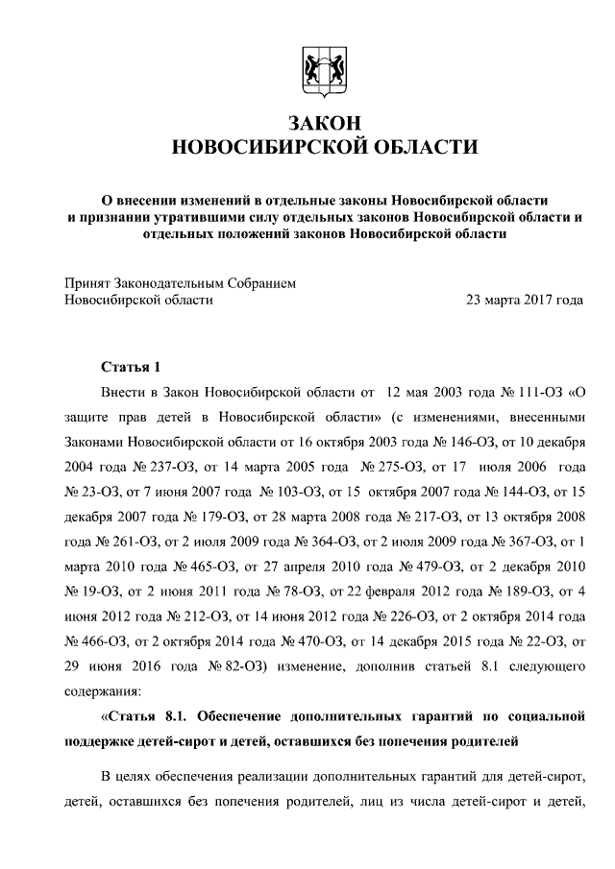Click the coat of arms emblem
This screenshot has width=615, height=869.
coord(322,70)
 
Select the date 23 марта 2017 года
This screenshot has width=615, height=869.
coord(524,300)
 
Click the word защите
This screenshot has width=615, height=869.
coord(88,417)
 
